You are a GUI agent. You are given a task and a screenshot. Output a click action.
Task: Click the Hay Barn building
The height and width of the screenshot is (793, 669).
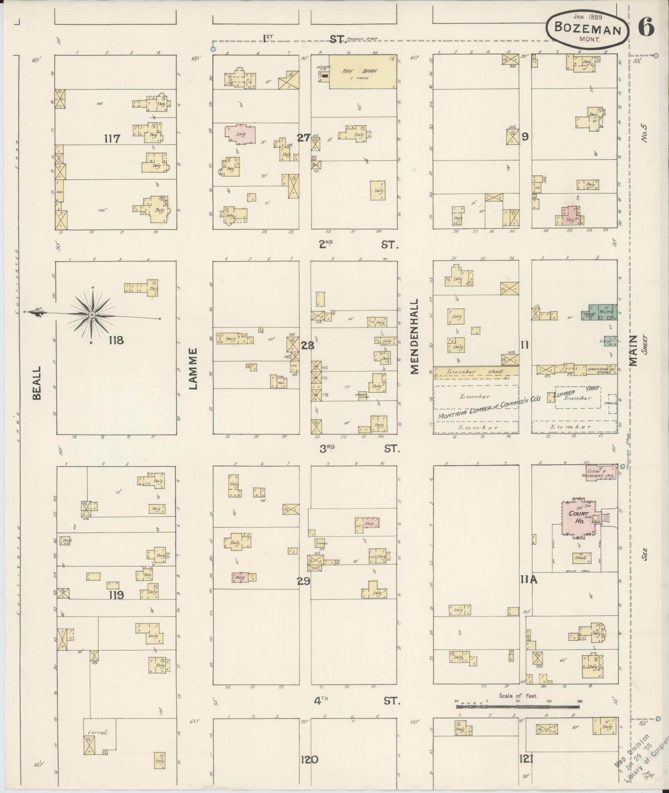[x=362, y=71]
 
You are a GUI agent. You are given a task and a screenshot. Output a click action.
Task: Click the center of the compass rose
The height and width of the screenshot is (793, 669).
[x=92, y=315]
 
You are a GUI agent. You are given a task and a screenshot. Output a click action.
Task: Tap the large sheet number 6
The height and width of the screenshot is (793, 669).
[x=646, y=28]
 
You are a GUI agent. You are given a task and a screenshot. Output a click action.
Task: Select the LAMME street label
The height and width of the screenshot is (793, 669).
[x=193, y=369]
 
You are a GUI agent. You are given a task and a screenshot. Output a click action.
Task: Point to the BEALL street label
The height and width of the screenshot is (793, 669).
[x=37, y=382]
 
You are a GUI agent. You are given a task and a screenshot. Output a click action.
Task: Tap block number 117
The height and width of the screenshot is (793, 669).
[x=112, y=138]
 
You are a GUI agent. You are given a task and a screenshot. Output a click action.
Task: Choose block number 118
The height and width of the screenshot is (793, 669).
[x=116, y=340]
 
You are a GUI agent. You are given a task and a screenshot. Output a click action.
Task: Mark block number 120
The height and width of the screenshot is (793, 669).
[x=309, y=759]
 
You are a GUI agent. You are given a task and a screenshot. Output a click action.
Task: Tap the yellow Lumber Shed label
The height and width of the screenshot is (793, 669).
[x=475, y=371]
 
